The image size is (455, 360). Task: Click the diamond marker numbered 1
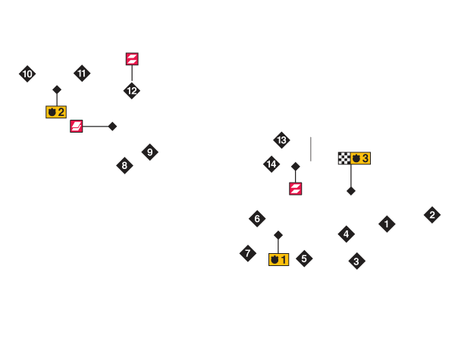point(387,224)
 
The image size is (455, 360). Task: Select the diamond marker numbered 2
point(432,214)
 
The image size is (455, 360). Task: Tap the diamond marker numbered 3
point(356,261)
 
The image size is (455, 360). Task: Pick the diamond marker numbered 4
point(346,233)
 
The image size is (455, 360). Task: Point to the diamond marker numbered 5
point(304,258)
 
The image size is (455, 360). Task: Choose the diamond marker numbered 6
point(257,219)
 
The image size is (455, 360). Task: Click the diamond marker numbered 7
point(248,253)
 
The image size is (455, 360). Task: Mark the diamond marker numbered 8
point(124,165)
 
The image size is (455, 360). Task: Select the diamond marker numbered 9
point(149,152)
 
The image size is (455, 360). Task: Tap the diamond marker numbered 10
point(27,74)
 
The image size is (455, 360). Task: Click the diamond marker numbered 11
point(82,73)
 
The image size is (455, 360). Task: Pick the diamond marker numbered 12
point(132,91)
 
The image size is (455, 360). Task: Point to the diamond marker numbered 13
point(281,139)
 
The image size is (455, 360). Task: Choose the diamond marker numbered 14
point(271,164)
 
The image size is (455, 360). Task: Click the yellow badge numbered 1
point(278,259)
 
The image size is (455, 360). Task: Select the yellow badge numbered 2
point(56,112)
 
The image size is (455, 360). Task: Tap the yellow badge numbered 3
point(361,158)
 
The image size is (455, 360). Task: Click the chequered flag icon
point(344,158)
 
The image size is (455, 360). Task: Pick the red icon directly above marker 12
point(132,59)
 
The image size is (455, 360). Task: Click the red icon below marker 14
point(295,188)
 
